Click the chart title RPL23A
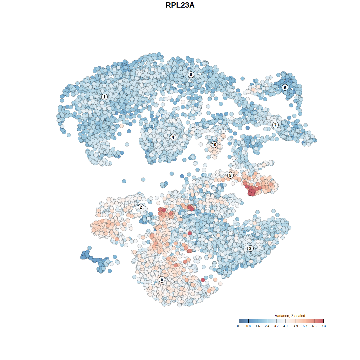[180, 5]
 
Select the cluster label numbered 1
[104, 97]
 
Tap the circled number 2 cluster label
[141, 207]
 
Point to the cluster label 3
[250, 248]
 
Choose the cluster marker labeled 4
[173, 137]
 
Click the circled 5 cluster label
[161, 279]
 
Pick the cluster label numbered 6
[191, 75]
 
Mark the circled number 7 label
[275, 125]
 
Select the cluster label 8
[230, 175]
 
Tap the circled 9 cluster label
[285, 87]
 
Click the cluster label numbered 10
[214, 145]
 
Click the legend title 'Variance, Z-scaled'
[290, 316]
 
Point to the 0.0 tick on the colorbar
[239, 326]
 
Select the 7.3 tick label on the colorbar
[323, 326]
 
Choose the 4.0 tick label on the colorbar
[285, 326]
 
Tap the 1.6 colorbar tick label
[258, 326]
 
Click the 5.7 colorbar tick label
[305, 326]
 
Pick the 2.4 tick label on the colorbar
[267, 326]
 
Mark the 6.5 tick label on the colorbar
[314, 326]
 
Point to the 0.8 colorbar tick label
[248, 326]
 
